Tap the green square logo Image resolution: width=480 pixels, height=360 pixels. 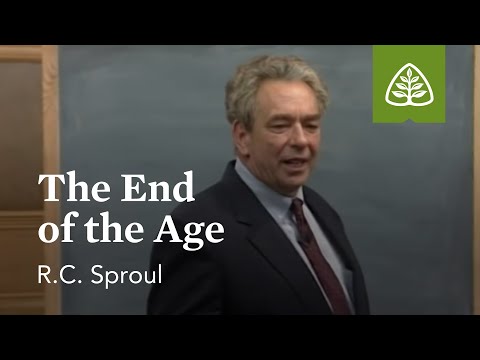[409, 85]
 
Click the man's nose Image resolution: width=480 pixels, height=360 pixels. [299, 136]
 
